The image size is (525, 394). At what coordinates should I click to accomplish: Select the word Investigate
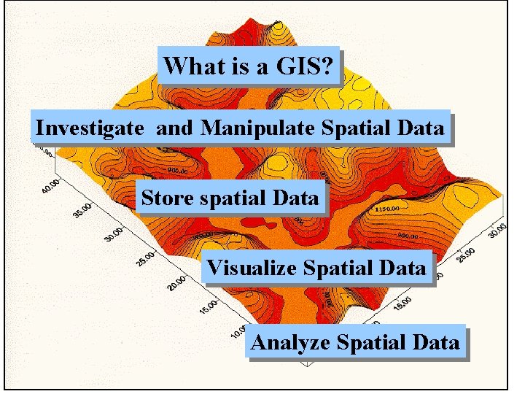pos(90,128)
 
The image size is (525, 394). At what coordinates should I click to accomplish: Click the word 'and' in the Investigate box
pos(176,128)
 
